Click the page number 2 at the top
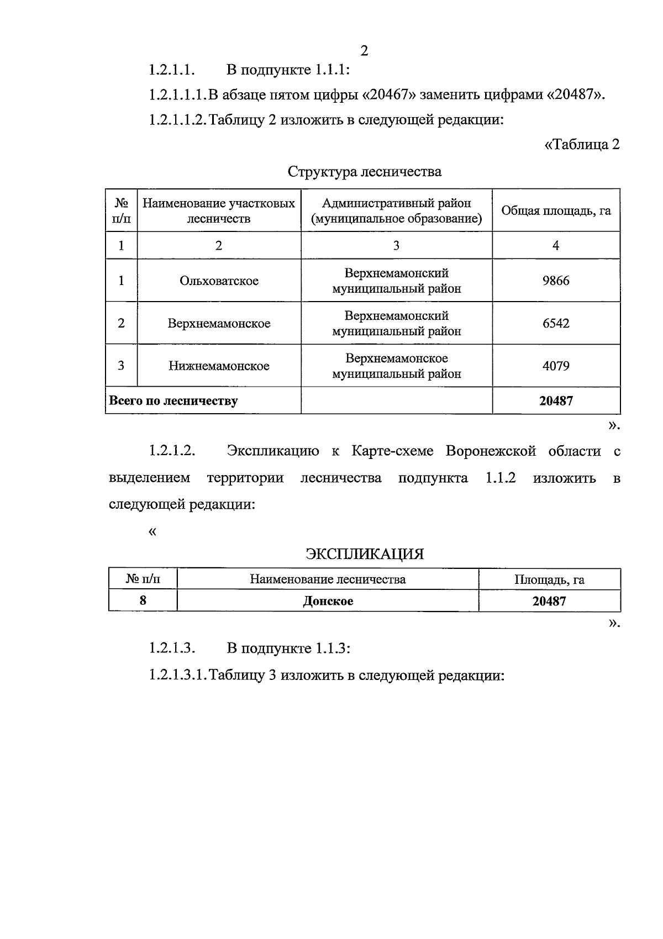[364, 51]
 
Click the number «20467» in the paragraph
[389, 95]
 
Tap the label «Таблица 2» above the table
[582, 145]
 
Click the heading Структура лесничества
[364, 172]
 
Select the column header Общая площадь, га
[556, 210]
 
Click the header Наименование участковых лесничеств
[219, 210]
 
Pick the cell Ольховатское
[219, 281]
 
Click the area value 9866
[556, 281]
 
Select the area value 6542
[556, 323]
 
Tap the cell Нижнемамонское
[219, 366]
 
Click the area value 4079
[556, 366]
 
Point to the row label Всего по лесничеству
[173, 401]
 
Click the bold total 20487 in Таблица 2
[556, 401]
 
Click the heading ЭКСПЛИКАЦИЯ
[365, 554]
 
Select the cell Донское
[328, 601]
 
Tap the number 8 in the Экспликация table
[143, 601]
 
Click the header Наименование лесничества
[328, 579]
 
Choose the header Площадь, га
[549, 579]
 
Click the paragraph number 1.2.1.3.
[172, 648]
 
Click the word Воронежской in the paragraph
[491, 451]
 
